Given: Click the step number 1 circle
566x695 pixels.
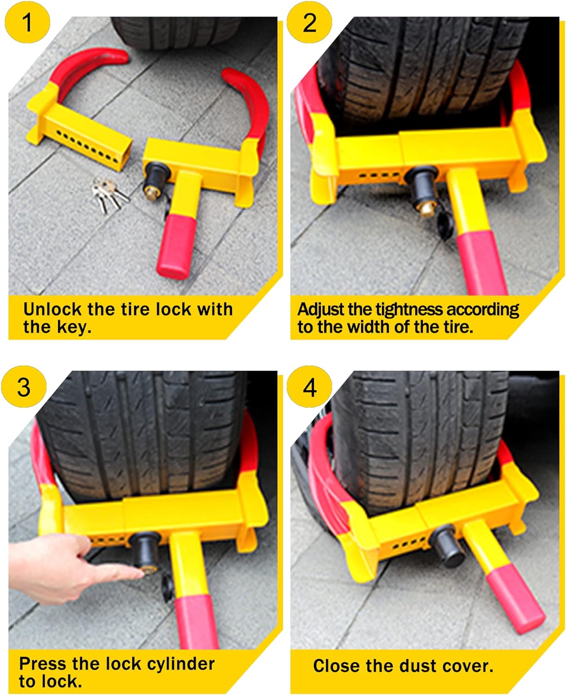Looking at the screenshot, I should point(27,22).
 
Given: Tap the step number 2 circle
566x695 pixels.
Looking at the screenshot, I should point(309,22).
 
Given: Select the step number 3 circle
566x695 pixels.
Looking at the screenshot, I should point(24,386).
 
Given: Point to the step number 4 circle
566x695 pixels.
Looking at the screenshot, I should point(309,386).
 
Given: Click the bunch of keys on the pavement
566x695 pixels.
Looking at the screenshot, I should point(110,194).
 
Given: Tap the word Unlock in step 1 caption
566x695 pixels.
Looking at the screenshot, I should point(52,309).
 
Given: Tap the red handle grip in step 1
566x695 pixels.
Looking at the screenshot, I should point(174,248).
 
